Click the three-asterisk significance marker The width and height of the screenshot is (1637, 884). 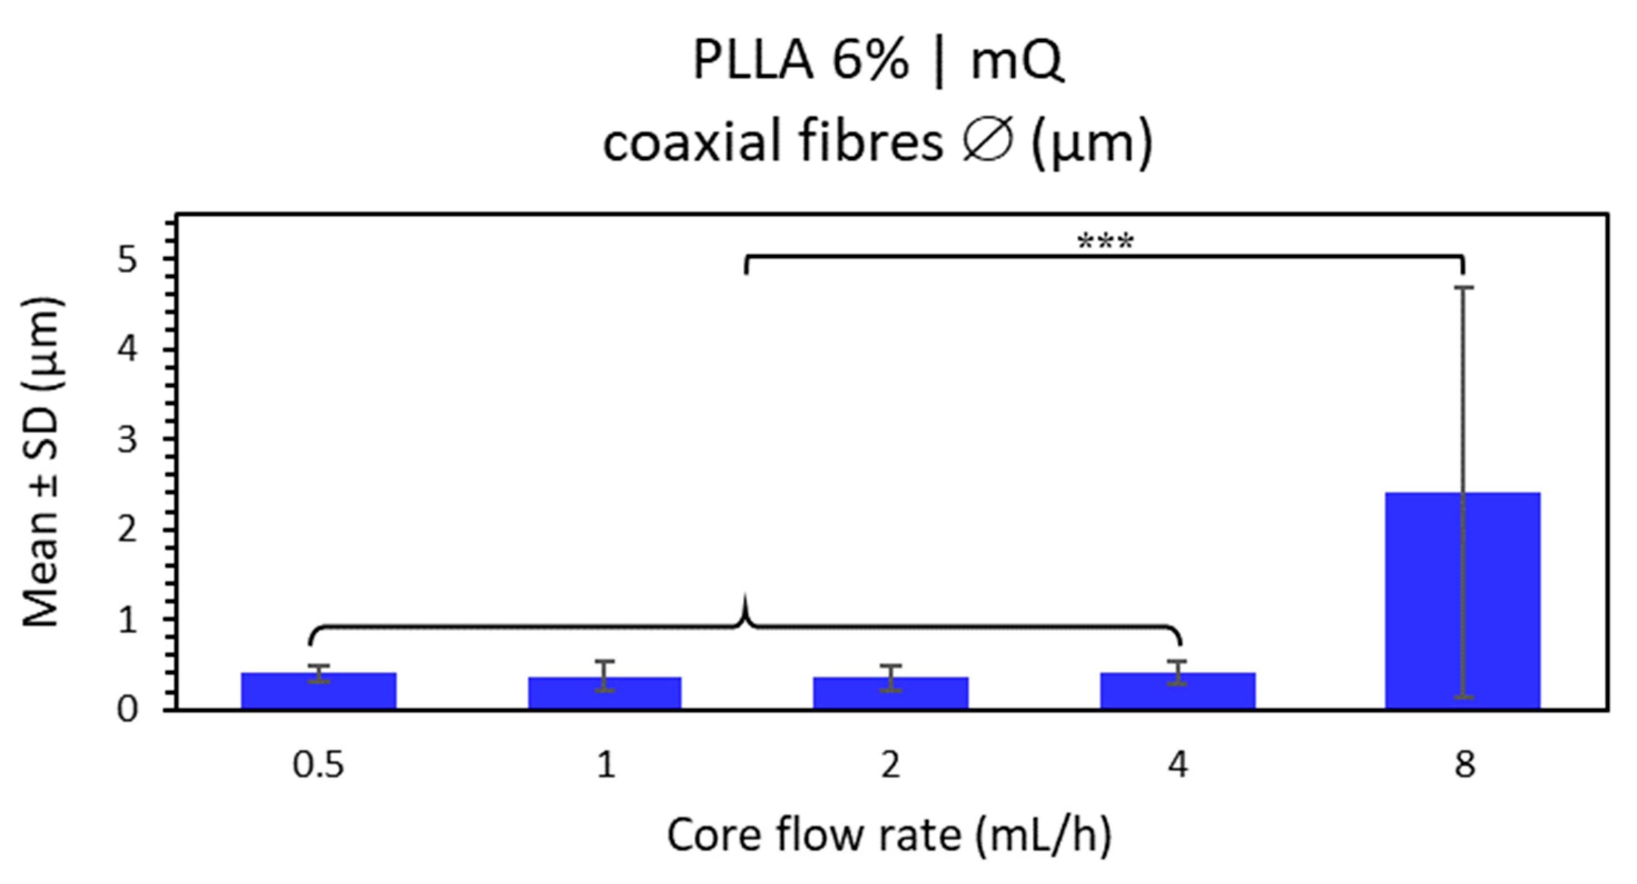pos(1106,242)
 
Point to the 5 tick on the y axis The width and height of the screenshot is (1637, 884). pos(127,260)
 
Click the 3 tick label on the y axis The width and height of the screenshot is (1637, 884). pos(127,439)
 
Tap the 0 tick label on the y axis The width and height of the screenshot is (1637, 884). pos(127,709)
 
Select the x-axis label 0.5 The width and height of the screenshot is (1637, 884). pos(318,764)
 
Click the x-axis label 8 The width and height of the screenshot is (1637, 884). pos(1464,764)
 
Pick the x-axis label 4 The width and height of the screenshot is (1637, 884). pos(1177,764)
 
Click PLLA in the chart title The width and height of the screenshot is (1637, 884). pos(753,62)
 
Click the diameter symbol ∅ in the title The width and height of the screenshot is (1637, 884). pos(987,142)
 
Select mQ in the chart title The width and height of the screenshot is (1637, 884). pos(1017,62)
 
